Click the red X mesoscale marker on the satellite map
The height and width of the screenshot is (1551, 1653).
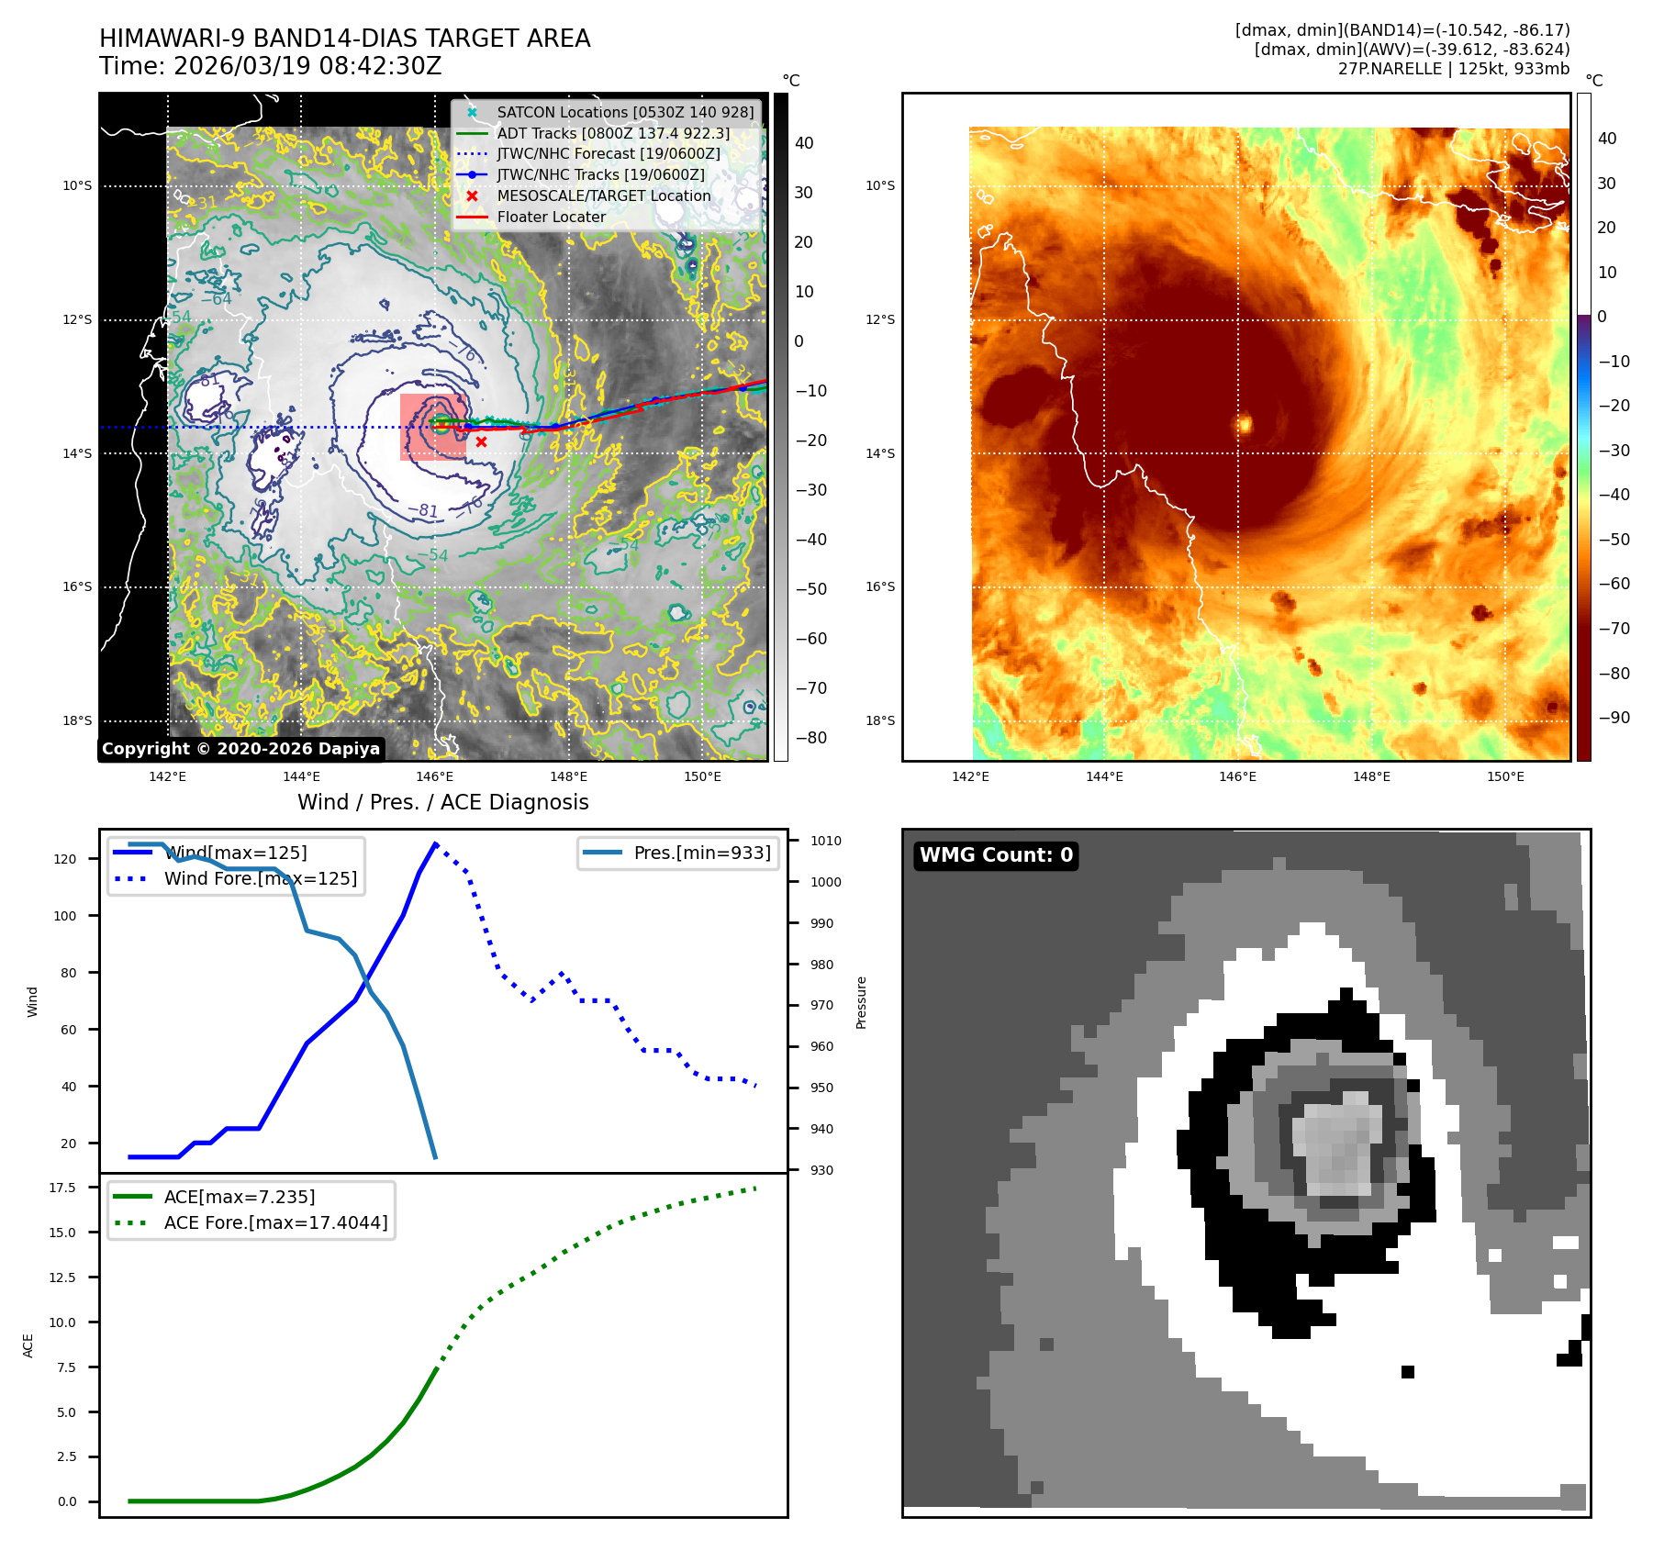(481, 441)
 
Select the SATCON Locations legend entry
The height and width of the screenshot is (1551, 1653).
(625, 112)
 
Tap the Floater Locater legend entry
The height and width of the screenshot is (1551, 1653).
(551, 217)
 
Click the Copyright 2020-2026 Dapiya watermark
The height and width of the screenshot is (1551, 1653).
(240, 749)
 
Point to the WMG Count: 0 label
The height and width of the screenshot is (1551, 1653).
(996, 855)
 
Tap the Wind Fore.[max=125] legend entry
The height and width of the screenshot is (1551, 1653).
(261, 878)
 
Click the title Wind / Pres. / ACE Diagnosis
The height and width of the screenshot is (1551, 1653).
(442, 802)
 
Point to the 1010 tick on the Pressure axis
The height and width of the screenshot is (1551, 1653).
(825, 841)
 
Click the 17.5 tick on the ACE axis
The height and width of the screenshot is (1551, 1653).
(62, 1188)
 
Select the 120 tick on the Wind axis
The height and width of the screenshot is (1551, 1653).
(65, 859)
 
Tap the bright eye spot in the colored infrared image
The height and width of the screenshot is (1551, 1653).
(1245, 423)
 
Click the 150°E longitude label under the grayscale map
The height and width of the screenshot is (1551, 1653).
(702, 776)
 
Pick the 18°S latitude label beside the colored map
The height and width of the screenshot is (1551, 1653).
(879, 720)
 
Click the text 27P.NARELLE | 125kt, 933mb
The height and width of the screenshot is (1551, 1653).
(1453, 69)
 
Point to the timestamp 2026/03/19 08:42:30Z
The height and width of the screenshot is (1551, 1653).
(307, 66)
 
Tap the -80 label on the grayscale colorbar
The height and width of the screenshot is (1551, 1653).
(810, 738)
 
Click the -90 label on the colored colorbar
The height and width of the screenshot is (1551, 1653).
(1614, 718)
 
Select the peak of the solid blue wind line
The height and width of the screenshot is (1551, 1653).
(435, 842)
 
